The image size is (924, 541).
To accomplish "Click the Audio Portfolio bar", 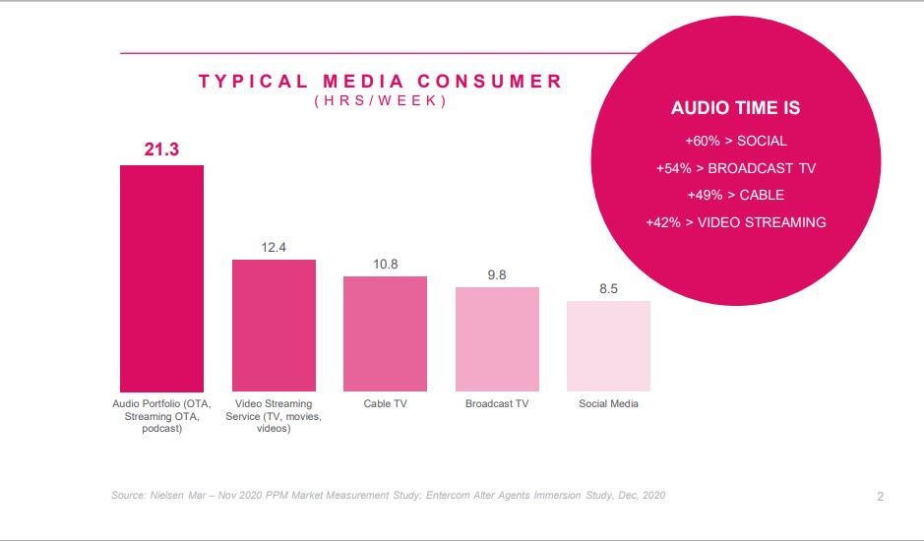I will [x=161, y=278].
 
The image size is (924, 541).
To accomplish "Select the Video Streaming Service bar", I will [x=274, y=326].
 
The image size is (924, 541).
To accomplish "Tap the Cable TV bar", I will [x=385, y=334].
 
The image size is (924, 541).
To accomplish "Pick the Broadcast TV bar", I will [x=497, y=339].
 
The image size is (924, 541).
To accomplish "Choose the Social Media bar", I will [x=608, y=346].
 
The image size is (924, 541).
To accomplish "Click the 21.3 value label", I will [x=161, y=149].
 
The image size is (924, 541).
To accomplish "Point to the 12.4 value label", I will [x=274, y=248].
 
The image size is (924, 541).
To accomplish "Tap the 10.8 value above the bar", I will [x=385, y=265].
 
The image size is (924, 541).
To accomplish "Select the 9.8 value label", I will [x=497, y=275].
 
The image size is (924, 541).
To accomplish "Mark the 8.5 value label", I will [x=608, y=289].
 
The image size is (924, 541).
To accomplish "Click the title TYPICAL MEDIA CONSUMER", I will [x=381, y=82].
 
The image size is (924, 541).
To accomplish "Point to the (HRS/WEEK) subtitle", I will [x=381, y=102].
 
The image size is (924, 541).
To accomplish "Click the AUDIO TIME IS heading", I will [x=735, y=108].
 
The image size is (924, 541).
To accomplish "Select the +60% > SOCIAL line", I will [x=735, y=141].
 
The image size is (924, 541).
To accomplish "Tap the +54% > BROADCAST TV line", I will [x=735, y=168].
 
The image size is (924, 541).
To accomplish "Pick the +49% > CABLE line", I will [x=735, y=195].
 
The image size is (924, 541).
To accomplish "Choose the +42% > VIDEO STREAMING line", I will [x=735, y=222].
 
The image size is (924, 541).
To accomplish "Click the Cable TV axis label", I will [x=385, y=404].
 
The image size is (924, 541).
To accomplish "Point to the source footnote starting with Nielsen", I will [x=388, y=495].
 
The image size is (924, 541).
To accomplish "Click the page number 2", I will [x=880, y=497].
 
